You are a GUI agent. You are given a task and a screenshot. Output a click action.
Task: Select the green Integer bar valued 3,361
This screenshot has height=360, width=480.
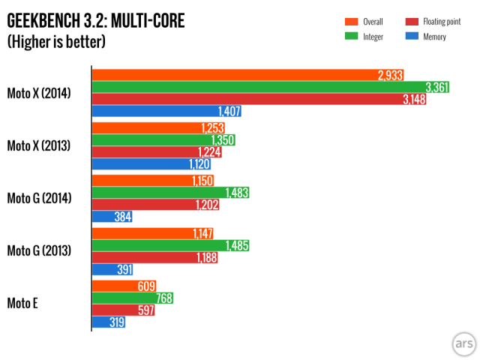pyautogui.click(x=270, y=87)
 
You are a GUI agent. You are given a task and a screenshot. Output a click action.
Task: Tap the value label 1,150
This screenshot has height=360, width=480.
pyautogui.click(x=200, y=180)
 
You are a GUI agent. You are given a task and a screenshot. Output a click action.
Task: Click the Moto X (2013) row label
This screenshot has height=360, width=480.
pyautogui.click(x=39, y=145)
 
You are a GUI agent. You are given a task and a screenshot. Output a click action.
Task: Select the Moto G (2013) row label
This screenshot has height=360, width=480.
pyautogui.click(x=39, y=250)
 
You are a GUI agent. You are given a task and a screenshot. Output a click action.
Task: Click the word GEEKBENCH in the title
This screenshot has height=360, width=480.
pyautogui.click(x=46, y=21)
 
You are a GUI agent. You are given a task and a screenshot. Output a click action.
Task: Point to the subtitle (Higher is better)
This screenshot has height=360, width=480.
pyautogui.click(x=56, y=41)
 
